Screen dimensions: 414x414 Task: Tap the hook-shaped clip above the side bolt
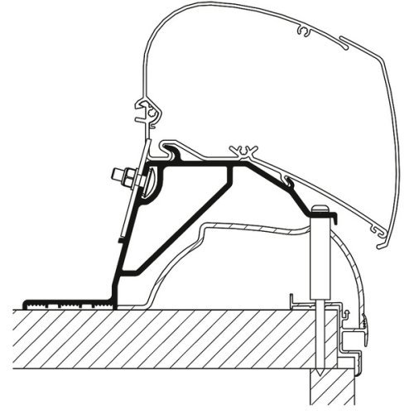tap(147, 113)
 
